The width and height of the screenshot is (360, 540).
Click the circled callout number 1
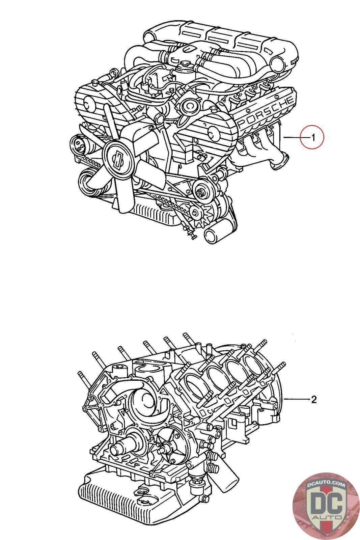point(313,138)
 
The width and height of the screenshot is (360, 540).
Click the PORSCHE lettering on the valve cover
point(266,112)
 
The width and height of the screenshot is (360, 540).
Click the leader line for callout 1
point(292,137)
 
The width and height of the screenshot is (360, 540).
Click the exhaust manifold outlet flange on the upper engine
point(279,162)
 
